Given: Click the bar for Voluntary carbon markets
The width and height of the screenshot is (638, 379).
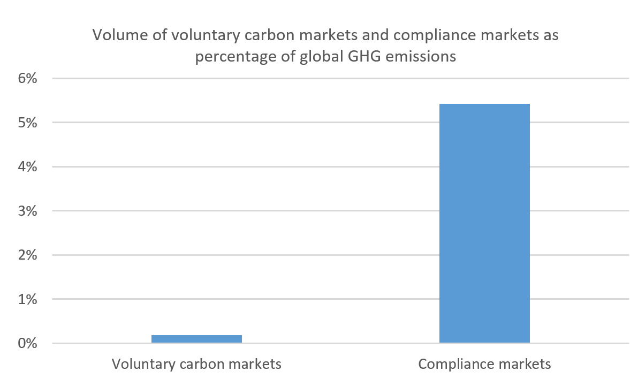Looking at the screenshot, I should pyautogui.click(x=196, y=338).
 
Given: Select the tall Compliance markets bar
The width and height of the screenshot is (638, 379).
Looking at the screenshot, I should pyautogui.click(x=484, y=223).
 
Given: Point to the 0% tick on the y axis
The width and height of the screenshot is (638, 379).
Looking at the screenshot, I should pyautogui.click(x=27, y=343).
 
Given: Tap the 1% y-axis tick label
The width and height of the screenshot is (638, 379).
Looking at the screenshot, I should pyautogui.click(x=27, y=299).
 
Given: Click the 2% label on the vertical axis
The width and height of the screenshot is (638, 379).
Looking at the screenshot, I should pyautogui.click(x=27, y=255).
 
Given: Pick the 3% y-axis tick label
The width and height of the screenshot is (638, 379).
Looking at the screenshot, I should pyautogui.click(x=27, y=211).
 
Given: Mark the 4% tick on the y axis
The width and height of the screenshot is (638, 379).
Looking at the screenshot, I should pyautogui.click(x=27, y=167).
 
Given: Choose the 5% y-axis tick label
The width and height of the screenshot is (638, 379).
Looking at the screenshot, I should pyautogui.click(x=27, y=123).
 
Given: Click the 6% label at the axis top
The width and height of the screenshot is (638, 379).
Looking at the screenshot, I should pyautogui.click(x=27, y=79).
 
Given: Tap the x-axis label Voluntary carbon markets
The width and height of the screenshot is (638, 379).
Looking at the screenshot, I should pyautogui.click(x=196, y=365).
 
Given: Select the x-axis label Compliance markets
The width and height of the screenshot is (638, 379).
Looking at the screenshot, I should pyautogui.click(x=484, y=365).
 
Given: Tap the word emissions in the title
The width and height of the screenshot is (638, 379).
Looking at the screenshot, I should pyautogui.click(x=418, y=56).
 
